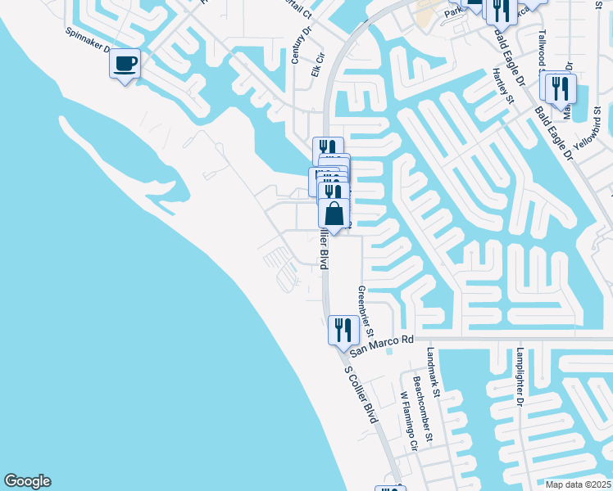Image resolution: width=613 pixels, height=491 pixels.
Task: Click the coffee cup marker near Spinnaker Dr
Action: click(x=125, y=64)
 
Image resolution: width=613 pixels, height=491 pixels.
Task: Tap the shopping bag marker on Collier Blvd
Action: click(x=334, y=214)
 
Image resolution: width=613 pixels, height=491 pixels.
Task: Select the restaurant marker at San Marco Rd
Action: click(x=343, y=331)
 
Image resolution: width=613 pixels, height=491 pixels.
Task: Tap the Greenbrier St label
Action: click(x=365, y=312)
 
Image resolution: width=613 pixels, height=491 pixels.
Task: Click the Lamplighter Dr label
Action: click(x=519, y=376)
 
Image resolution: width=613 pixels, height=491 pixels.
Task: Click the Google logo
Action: click(x=27, y=481)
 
